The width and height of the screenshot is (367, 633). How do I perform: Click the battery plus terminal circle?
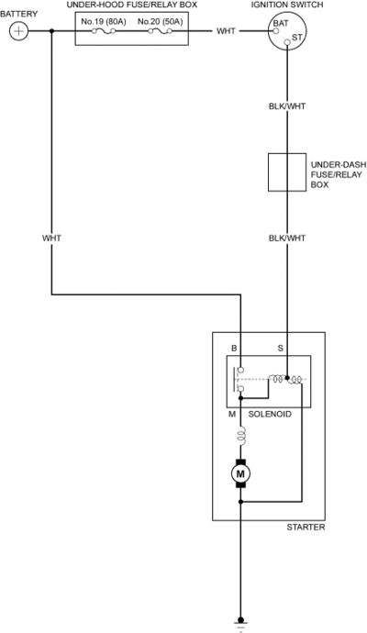point(18,31)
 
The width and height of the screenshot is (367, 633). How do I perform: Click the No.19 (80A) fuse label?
point(104,21)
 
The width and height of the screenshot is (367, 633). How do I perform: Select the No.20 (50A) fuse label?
point(160,21)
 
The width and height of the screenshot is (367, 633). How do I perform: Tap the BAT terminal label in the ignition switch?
point(281,23)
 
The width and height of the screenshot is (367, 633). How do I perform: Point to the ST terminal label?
point(296,37)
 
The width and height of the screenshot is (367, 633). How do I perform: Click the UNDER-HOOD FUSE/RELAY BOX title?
point(131,5)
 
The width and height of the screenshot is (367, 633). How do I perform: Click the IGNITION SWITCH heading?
point(287,5)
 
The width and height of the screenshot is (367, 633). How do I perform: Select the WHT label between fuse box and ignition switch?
point(226,31)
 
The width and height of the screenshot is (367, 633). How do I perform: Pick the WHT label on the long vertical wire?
point(51,239)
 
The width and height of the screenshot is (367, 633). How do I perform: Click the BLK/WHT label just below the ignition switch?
point(287,106)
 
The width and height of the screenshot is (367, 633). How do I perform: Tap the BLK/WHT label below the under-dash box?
point(287,239)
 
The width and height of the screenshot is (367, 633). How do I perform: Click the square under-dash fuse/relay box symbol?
point(287,172)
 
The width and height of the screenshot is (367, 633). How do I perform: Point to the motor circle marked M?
point(240,473)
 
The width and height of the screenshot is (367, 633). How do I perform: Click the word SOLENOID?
point(270,414)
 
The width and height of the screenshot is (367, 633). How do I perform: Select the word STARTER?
point(306,527)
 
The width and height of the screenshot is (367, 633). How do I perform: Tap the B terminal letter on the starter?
point(234,348)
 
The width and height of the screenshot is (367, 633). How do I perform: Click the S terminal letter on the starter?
point(280,348)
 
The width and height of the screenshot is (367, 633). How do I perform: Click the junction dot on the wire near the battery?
point(51,31)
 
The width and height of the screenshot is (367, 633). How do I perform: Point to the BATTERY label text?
point(18,14)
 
